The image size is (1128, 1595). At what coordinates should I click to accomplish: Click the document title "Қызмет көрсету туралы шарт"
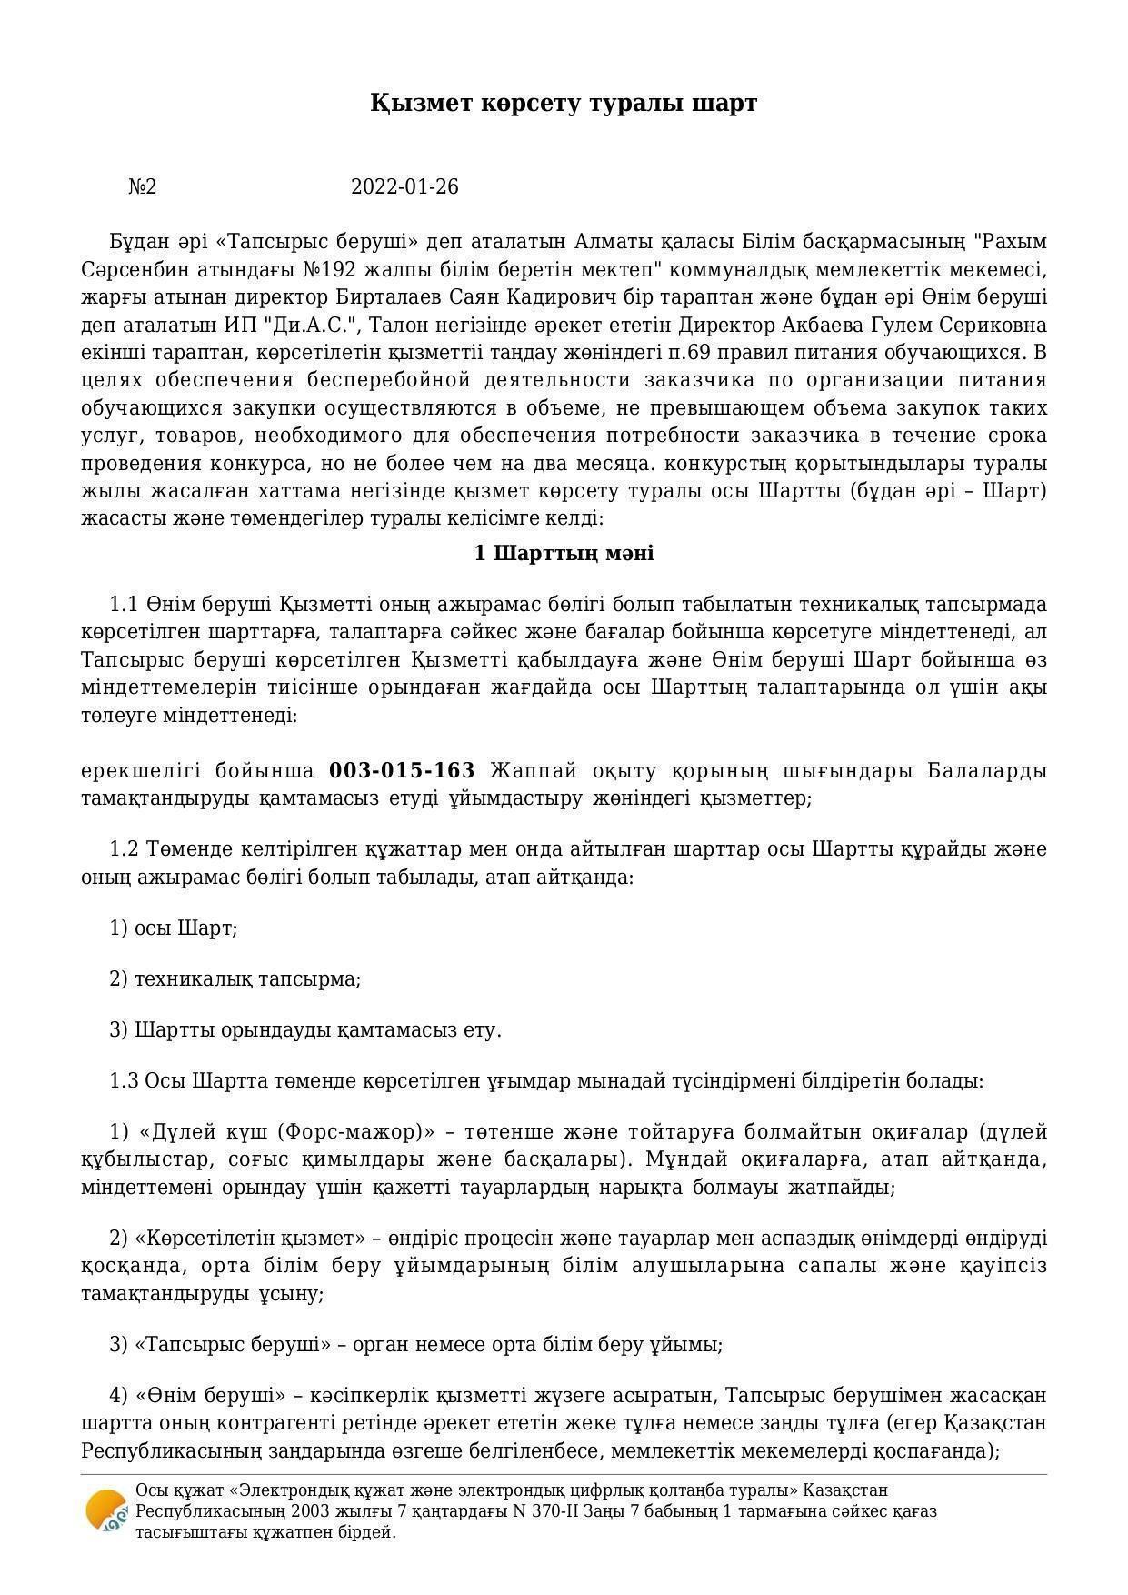(564, 103)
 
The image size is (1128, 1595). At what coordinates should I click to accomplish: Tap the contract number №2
(143, 187)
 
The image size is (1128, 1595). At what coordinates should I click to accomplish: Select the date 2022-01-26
(404, 187)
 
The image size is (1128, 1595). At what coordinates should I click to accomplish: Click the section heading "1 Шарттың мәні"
(564, 554)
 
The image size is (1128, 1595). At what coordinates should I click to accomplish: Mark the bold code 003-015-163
(402, 771)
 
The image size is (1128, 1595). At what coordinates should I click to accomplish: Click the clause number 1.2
(124, 849)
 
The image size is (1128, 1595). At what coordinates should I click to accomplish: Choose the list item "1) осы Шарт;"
(173, 928)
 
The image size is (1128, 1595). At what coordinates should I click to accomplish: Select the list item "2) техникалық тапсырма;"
(235, 979)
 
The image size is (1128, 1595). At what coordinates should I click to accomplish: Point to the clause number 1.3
(124, 1081)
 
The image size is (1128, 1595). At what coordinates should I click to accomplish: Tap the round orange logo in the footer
(105, 1512)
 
